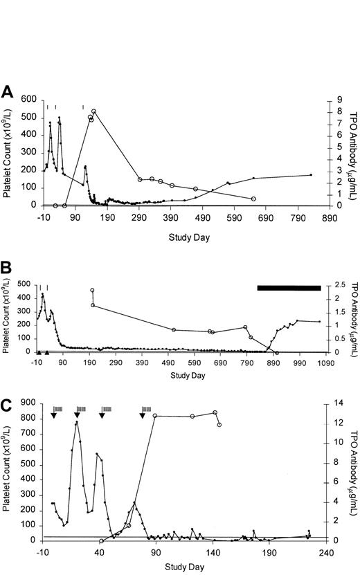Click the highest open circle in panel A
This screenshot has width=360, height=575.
[x=94, y=111]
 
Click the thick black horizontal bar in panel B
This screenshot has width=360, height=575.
[x=289, y=288]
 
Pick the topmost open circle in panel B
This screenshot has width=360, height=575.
[x=92, y=291]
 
